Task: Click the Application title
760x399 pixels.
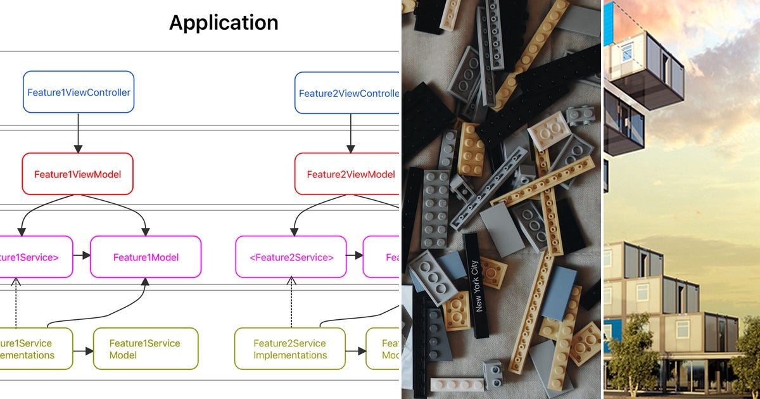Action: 224,23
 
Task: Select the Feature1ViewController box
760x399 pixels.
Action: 79,92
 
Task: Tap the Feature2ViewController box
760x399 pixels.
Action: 347,93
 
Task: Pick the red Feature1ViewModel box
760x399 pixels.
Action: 78,174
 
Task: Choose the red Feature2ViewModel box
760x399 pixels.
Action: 347,174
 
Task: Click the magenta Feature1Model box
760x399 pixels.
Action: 146,257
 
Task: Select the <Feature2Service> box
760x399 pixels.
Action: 291,257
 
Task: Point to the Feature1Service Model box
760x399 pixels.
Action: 145,349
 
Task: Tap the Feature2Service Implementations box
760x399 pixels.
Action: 290,349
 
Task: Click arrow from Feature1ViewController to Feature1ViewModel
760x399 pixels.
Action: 78,133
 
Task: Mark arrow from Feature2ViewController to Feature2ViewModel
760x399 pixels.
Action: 350,133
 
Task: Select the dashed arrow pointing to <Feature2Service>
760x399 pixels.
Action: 291,302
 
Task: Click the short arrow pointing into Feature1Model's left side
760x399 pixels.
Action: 82,256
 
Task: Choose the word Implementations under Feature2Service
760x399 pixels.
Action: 290,355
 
